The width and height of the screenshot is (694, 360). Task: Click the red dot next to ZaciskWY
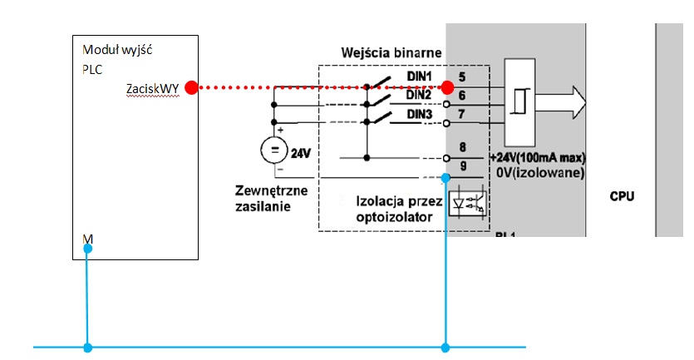(x=190, y=87)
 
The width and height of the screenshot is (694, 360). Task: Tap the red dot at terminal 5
(x=448, y=86)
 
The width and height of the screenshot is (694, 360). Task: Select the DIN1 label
(x=420, y=77)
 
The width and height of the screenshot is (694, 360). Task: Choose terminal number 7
(x=462, y=112)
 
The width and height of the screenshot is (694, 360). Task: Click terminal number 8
(x=462, y=147)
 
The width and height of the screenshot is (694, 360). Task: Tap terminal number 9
(x=462, y=165)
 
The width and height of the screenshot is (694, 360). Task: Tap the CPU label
(x=623, y=197)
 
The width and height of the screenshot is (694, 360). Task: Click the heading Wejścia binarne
(x=391, y=53)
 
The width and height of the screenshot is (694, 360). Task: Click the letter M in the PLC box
(x=88, y=239)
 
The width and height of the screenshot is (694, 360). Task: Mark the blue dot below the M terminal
(x=87, y=249)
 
